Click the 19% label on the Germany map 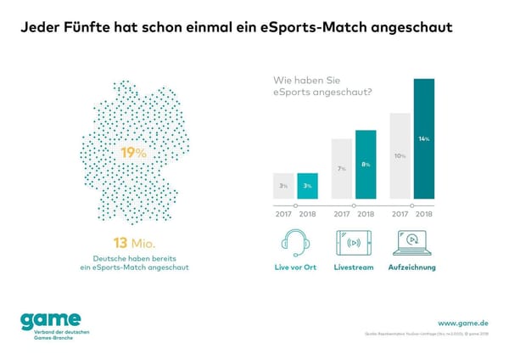tap(133, 153)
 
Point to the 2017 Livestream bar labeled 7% tap(342, 169)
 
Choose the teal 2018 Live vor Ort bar tap(307, 185)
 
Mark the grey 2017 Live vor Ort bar tap(283, 185)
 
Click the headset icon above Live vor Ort tap(295, 242)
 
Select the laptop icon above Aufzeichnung tap(411, 242)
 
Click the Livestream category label tap(354, 267)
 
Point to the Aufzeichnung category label tap(411, 267)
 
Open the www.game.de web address tap(462, 323)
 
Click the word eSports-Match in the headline tap(330, 28)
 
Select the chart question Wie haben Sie tap(302, 81)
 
